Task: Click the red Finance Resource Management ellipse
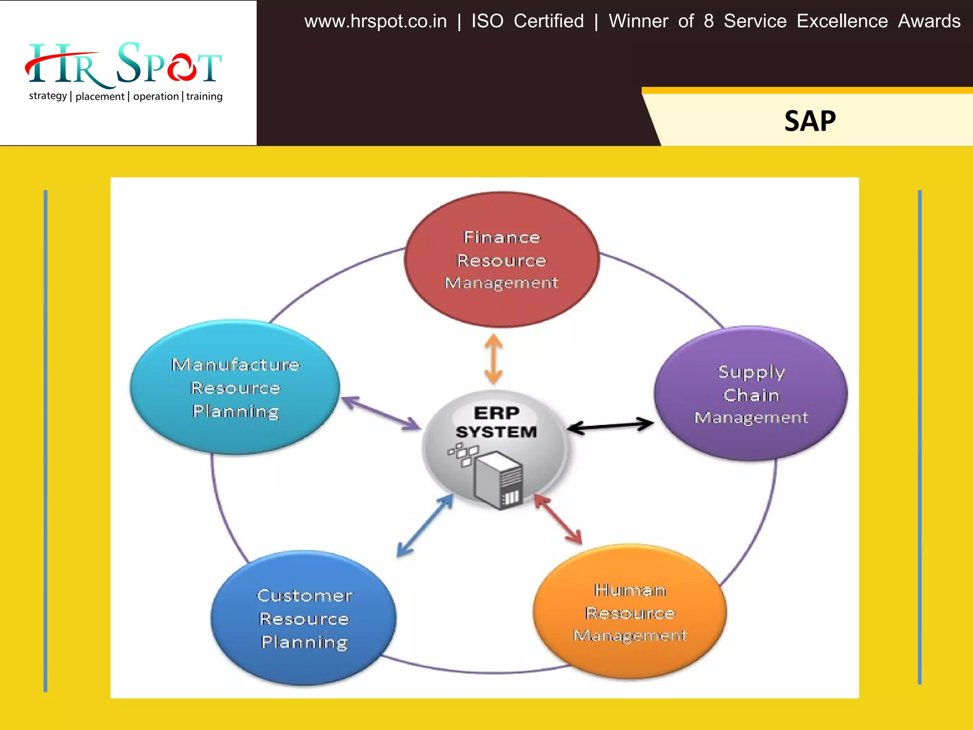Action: pos(501,259)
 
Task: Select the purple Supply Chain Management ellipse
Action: pos(751,394)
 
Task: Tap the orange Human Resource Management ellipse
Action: pos(630,612)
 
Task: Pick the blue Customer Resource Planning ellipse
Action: pos(304,618)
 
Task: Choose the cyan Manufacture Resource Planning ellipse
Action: pos(235,387)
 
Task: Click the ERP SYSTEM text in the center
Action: pos(496,422)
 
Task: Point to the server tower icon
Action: pos(499,480)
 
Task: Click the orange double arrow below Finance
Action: pos(494,359)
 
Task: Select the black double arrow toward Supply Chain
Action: pos(611,425)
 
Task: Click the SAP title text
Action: pos(810,121)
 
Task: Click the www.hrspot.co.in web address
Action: pos(375,21)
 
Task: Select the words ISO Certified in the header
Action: pos(527,21)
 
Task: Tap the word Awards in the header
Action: pos(929,21)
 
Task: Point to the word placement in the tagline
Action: pos(100,96)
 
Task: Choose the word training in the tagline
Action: pos(204,96)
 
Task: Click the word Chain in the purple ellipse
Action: pos(751,395)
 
